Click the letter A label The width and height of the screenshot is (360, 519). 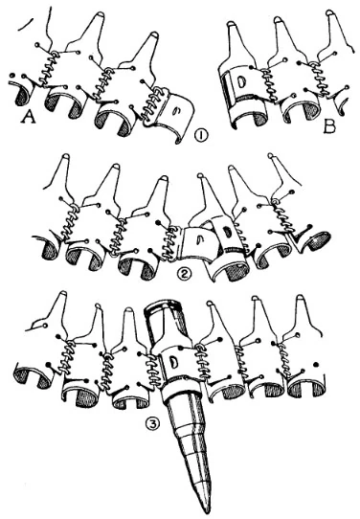[29, 117]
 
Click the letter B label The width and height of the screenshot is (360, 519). [329, 126]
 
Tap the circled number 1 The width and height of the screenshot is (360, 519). [199, 136]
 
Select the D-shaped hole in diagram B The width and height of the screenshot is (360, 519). [241, 83]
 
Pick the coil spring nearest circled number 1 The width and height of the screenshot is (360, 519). [151, 104]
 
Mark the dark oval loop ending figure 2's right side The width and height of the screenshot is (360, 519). [317, 241]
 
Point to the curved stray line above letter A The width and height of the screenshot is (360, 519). [26, 24]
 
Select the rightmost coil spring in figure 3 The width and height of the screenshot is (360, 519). [285, 360]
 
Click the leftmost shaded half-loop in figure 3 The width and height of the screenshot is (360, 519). [31, 376]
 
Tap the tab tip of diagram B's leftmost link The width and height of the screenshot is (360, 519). [231, 24]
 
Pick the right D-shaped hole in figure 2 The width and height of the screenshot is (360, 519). [227, 232]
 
